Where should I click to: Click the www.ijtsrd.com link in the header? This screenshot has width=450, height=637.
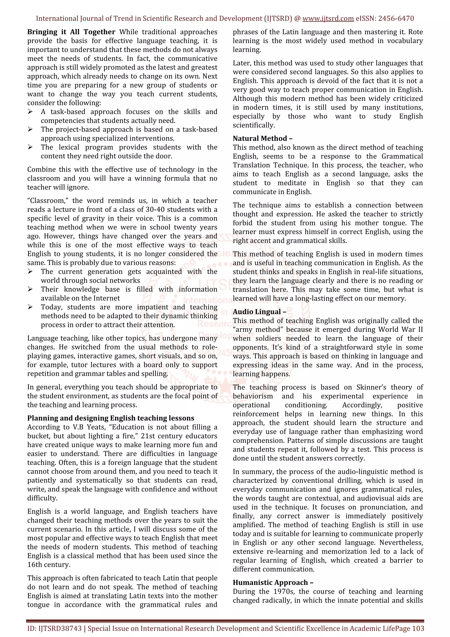point(328,19)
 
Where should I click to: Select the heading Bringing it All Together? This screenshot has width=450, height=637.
point(71,32)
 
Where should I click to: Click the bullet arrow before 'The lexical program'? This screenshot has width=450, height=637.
point(30,147)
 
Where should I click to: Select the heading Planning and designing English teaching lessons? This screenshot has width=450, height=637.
point(111,418)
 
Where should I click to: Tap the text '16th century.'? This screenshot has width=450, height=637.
point(49,565)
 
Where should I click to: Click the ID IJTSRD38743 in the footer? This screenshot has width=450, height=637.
point(55,628)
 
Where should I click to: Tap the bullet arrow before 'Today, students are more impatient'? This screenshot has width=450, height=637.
point(30,307)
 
